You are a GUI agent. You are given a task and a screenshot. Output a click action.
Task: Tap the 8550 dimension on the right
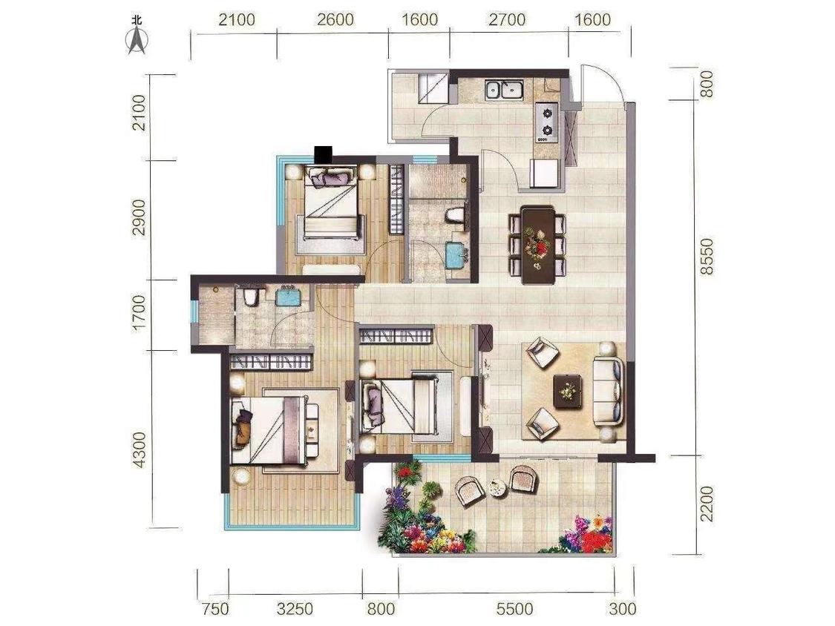[x=706, y=256]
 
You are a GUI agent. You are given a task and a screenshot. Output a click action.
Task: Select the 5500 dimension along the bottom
[x=514, y=608]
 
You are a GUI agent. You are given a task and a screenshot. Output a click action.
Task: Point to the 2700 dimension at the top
[x=507, y=20]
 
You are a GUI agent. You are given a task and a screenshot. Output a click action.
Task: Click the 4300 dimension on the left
[x=139, y=449]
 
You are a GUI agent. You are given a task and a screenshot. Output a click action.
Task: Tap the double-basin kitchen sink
[x=504, y=89]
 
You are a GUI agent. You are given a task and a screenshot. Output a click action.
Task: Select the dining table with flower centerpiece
[x=538, y=244]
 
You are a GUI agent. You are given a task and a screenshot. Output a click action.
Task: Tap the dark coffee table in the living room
[x=569, y=392]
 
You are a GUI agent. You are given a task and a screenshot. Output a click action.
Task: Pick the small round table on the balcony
[x=497, y=487]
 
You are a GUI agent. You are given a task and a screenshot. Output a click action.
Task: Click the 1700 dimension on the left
[x=139, y=313]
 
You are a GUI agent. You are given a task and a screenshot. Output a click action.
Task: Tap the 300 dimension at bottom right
[x=622, y=608]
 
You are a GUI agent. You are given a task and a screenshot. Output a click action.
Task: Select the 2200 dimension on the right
[x=706, y=503]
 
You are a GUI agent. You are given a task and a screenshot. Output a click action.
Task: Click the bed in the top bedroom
[x=331, y=204]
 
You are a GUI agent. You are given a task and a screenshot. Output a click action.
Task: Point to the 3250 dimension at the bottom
[x=295, y=608]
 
